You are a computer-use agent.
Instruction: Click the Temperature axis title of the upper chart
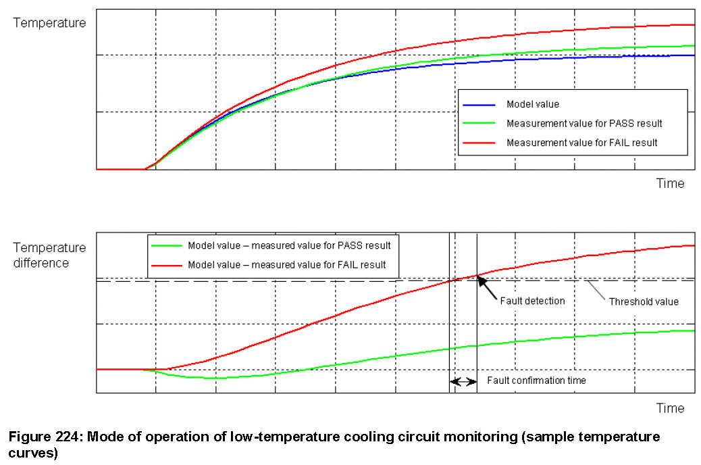[x=50, y=23]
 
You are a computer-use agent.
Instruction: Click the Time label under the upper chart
[x=670, y=183]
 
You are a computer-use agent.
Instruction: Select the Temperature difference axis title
[x=50, y=255]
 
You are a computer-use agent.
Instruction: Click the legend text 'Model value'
[x=533, y=105]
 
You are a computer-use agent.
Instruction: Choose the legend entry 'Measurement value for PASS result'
[x=583, y=124]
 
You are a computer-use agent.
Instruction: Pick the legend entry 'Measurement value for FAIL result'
[x=581, y=143]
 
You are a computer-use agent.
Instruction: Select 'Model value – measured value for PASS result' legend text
[x=289, y=245]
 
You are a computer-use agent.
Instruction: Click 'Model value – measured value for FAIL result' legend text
[x=287, y=264]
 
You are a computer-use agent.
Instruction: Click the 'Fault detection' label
[x=532, y=301]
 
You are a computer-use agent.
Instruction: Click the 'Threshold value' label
[x=644, y=301]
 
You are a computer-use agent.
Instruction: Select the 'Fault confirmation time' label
[x=536, y=381]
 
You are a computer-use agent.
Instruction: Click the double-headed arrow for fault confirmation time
[x=463, y=381]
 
